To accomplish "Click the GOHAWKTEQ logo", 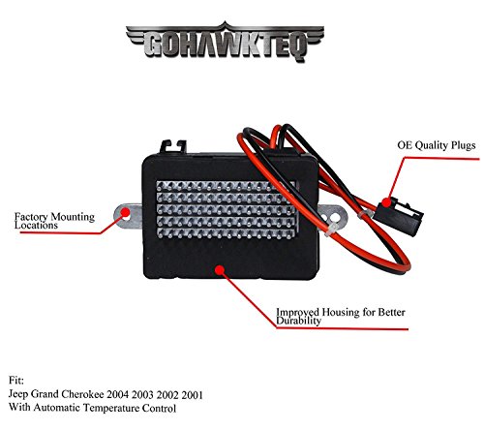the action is [x=225, y=42].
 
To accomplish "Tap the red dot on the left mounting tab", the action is [x=125, y=212].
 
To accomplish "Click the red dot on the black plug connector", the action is [x=386, y=202].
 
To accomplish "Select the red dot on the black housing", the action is [x=220, y=270].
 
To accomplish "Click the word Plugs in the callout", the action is [x=464, y=145].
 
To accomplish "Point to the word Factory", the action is [x=32, y=217].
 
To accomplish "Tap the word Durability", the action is [x=298, y=321].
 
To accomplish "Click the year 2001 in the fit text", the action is [x=193, y=394].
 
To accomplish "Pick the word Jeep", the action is [x=18, y=394].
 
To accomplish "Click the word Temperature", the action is [x=111, y=408].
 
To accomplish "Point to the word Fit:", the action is [x=16, y=381].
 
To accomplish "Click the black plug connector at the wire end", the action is [x=398, y=216].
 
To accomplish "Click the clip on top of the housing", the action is [x=173, y=146].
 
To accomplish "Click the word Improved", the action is [x=297, y=312].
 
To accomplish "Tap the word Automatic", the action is [x=57, y=408].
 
